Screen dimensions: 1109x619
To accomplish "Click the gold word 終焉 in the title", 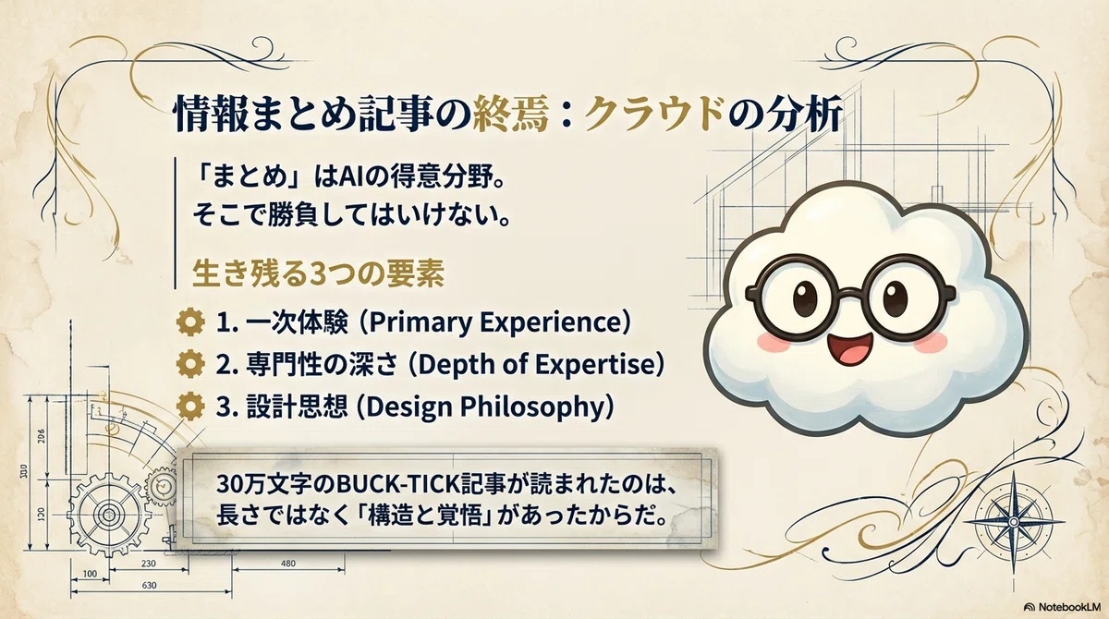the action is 511,115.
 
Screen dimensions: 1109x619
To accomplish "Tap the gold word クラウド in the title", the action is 653,115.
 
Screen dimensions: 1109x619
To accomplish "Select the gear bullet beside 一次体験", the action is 190,322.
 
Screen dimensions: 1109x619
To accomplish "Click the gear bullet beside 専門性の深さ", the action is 190,364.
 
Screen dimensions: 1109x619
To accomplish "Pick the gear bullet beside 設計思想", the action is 190,407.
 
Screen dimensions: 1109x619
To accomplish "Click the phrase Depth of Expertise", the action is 537,365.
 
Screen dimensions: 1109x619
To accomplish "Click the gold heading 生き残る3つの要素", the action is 318,273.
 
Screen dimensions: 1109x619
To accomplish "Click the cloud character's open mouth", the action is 849,348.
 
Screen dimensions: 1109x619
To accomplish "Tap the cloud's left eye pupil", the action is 805,298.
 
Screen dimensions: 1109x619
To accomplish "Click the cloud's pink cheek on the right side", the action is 931,343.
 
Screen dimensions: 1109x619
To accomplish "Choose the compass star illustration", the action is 1013,522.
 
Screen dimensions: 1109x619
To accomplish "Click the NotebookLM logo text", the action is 1069,607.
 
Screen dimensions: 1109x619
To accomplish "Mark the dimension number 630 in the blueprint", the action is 149,586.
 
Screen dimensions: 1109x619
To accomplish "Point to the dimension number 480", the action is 288,563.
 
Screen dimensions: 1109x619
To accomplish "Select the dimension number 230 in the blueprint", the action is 149,563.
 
